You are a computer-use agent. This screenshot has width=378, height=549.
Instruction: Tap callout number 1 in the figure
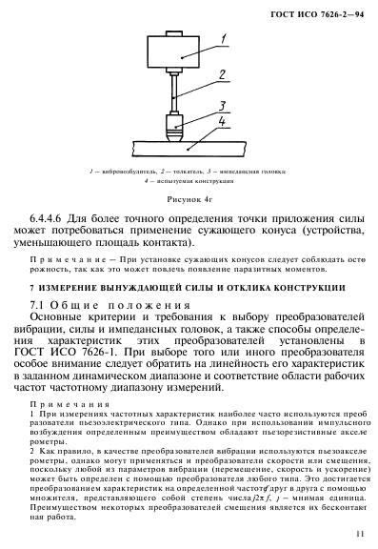click(x=220, y=39)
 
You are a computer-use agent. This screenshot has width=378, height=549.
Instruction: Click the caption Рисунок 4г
click(x=189, y=200)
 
